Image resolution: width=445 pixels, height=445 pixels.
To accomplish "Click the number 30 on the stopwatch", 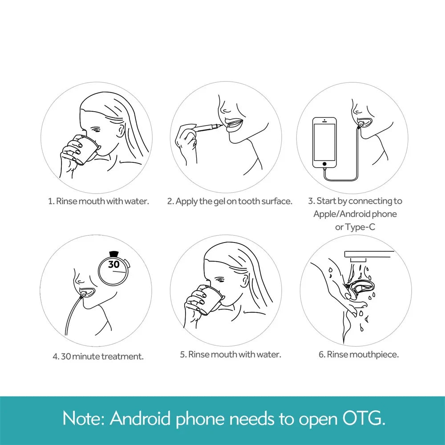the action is [113, 264].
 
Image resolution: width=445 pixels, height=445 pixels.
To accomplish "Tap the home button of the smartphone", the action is [324, 164].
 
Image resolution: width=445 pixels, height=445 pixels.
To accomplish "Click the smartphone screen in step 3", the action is [324, 142].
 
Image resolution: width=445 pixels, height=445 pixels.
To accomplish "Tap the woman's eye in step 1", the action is [97, 130].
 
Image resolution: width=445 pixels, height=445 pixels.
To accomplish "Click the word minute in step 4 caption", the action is [86, 356].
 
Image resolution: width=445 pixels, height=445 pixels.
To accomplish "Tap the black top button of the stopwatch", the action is [113, 254].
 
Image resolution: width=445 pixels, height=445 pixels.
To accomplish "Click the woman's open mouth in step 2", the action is [234, 124].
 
